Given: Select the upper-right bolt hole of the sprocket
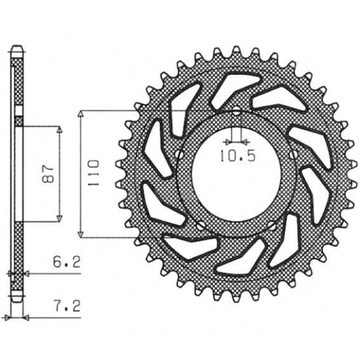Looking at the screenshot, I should [x=293, y=153].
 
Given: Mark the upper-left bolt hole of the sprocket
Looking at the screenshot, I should [x=180, y=153].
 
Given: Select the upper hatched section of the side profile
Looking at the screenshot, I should [x=17, y=86].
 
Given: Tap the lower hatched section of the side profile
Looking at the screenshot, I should [x=17, y=252].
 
